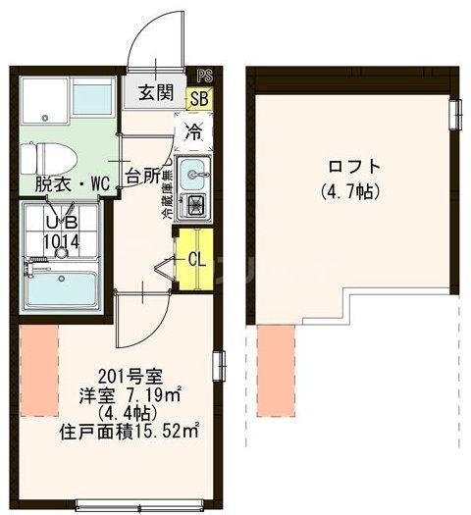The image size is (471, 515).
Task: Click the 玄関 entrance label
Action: (155, 94)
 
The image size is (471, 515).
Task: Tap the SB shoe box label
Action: (198, 97)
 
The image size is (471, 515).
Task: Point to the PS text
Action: (203, 75)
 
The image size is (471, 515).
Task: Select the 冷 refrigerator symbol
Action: (193, 129)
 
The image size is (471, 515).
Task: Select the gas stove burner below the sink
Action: (193, 206)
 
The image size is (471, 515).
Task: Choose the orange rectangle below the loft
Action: (276, 373)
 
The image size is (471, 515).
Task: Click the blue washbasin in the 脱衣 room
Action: (93, 98)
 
